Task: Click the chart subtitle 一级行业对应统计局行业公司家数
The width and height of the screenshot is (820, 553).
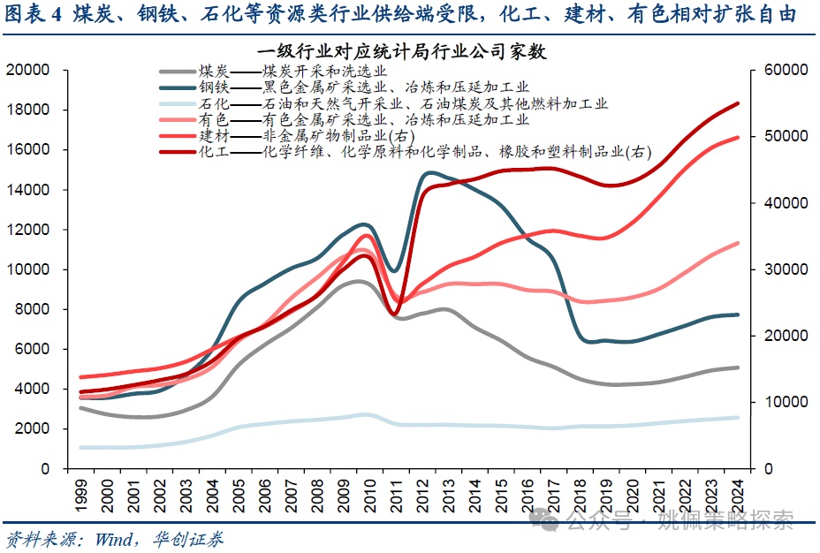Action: coord(402,52)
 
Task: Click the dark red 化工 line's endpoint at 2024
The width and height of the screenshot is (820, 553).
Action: coord(738,103)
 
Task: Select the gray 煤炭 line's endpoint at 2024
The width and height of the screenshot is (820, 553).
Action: coord(738,367)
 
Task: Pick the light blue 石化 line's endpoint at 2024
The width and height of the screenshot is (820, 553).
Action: coord(738,418)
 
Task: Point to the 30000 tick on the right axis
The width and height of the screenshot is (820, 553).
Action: coord(783,269)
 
